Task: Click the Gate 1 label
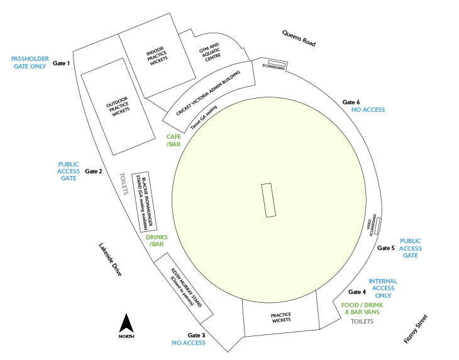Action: pos(61,63)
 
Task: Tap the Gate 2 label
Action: pos(94,172)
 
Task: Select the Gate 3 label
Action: pos(196,335)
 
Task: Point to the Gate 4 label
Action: pos(357,292)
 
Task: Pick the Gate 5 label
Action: pos(386,248)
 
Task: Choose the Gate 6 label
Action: pos(351,102)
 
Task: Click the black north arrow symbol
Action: pos(126,323)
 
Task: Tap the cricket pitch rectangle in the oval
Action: pos(268,200)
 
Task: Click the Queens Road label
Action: pos(299,38)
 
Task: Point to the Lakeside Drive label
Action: pos(110,259)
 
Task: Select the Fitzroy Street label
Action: pos(416,329)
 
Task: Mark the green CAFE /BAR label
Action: pos(174,140)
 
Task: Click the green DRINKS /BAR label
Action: pos(157,241)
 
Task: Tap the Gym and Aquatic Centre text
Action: pos(211,52)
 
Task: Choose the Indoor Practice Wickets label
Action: pos(157,56)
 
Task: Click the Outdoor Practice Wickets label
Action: pos(118,106)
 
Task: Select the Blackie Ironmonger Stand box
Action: pos(144,202)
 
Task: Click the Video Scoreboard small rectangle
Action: pos(377,226)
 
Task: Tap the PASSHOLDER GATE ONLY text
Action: pos(30,63)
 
